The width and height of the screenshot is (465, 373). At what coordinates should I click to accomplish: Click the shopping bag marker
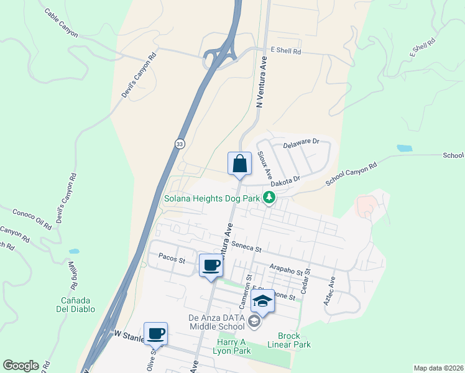(239, 164)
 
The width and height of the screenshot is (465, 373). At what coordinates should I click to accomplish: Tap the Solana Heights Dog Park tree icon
(269, 198)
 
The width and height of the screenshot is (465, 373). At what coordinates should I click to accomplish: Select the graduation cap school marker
(263, 302)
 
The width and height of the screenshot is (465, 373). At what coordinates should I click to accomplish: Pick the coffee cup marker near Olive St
(155, 333)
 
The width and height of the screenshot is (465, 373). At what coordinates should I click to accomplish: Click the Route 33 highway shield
(178, 144)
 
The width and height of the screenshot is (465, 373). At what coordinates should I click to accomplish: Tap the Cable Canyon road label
(61, 23)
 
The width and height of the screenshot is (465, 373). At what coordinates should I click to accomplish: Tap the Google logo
(21, 366)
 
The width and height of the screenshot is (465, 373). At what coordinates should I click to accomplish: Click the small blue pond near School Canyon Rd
(404, 149)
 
